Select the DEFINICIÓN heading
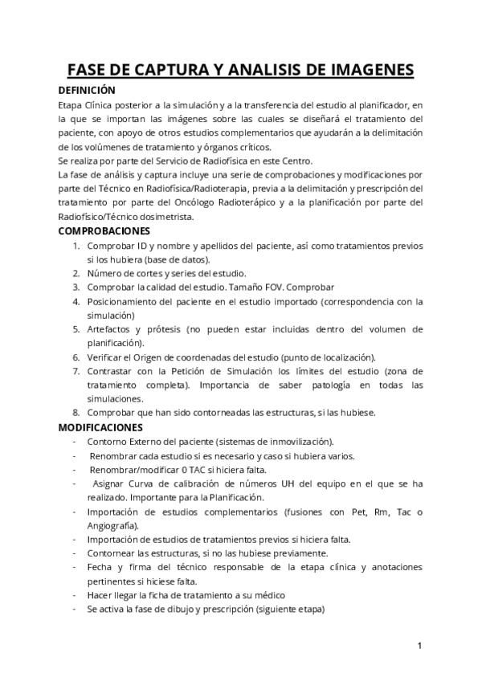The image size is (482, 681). click(88, 90)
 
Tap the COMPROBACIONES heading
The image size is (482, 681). click(109, 230)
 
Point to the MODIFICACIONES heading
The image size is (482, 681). click(100, 427)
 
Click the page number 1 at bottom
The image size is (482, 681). click(420, 646)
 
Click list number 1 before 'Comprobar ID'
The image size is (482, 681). click(76, 245)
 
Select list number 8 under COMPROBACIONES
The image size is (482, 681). click(76, 413)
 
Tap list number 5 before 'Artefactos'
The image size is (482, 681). click(76, 329)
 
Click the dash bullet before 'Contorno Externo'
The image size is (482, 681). click(75, 442)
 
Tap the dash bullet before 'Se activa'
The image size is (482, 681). click(75, 610)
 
